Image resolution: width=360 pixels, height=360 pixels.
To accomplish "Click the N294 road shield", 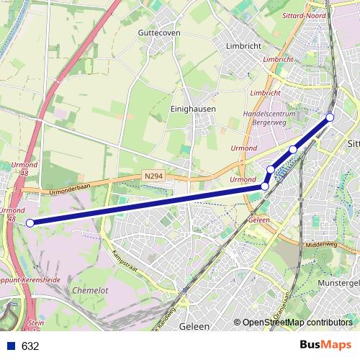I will [152, 176].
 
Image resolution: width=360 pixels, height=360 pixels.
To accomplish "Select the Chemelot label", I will [90, 289].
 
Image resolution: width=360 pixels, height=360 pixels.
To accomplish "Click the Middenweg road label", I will [321, 244].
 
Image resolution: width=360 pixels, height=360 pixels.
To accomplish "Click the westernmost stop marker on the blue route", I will [30, 223].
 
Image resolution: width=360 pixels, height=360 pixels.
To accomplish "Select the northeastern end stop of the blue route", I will [330, 117].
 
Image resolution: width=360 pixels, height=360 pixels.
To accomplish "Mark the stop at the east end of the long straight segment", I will [265, 186].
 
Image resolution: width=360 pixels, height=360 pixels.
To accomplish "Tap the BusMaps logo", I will [325, 345].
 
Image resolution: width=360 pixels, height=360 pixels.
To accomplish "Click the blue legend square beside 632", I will [10, 346].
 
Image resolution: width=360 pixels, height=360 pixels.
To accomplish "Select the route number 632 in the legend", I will [30, 346].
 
